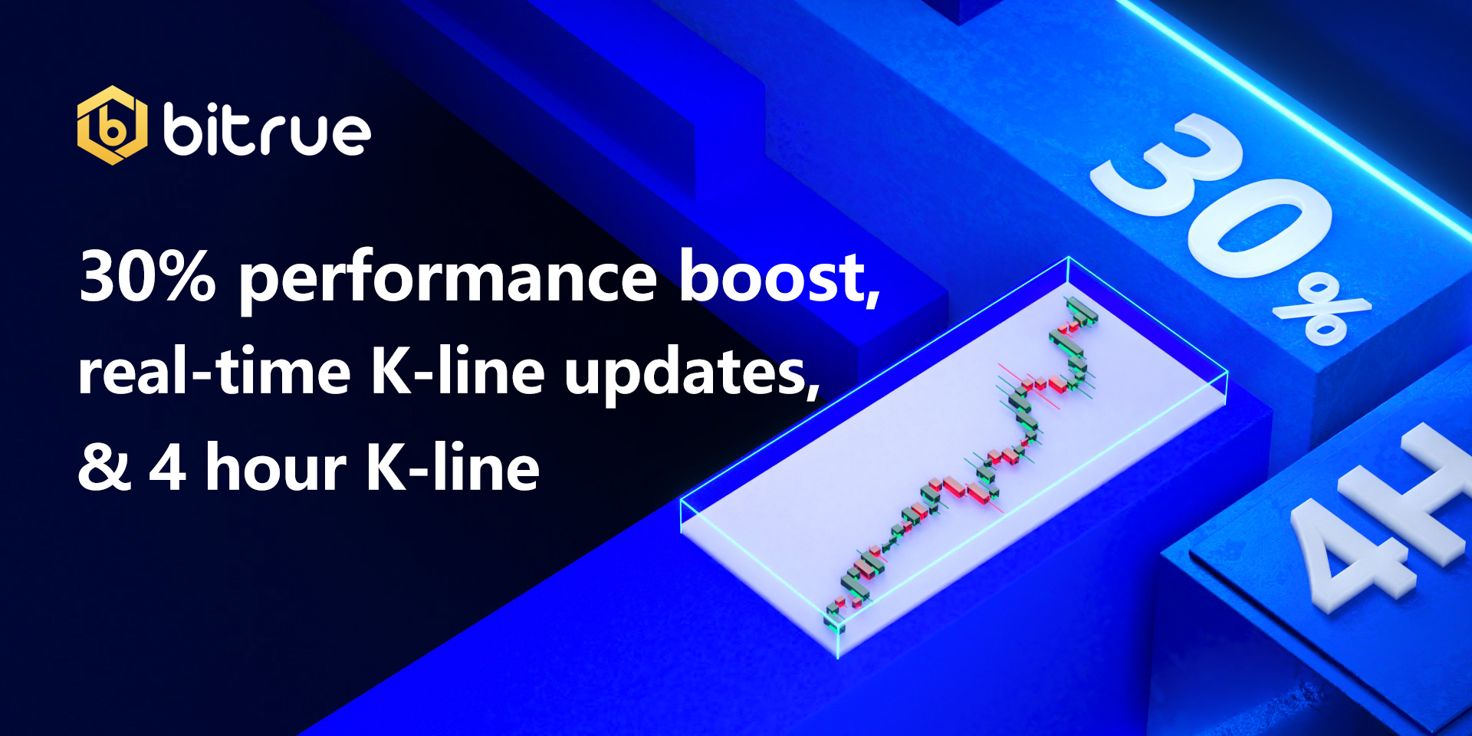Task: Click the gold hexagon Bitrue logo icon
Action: [x=112, y=125]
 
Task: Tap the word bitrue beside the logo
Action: [x=267, y=130]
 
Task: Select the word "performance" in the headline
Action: [x=449, y=280]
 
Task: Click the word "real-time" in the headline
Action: [x=215, y=371]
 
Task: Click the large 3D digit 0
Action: [x=1257, y=230]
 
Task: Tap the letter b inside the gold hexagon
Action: [x=112, y=127]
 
